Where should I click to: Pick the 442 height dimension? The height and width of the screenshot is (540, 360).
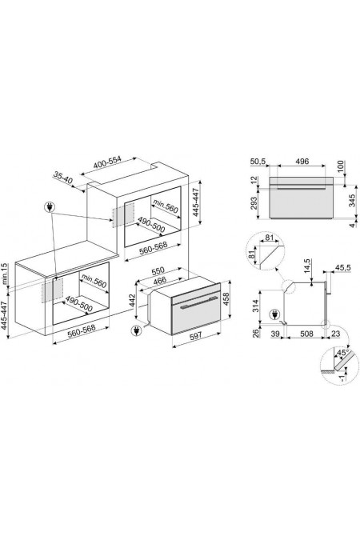pyautogui.click(x=131, y=300)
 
